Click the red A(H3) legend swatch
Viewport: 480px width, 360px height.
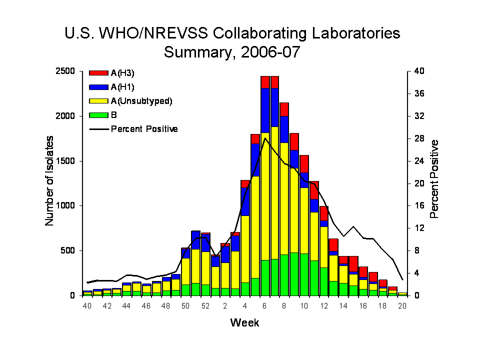tap(98, 73)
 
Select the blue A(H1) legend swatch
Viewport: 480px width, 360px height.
tap(98, 87)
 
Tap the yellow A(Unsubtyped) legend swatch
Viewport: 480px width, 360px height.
tap(98, 101)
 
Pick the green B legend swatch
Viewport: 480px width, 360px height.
tap(98, 115)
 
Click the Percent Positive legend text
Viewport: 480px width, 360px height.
tap(144, 129)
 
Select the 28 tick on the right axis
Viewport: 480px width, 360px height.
tap(418, 138)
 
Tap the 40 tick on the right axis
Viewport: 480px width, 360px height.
tap(418, 71)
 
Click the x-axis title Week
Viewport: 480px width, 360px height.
tap(245, 323)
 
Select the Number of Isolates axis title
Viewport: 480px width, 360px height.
tap(50, 183)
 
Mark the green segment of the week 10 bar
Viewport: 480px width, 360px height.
tap(303, 274)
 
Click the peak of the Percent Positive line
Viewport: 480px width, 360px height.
tap(265, 138)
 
